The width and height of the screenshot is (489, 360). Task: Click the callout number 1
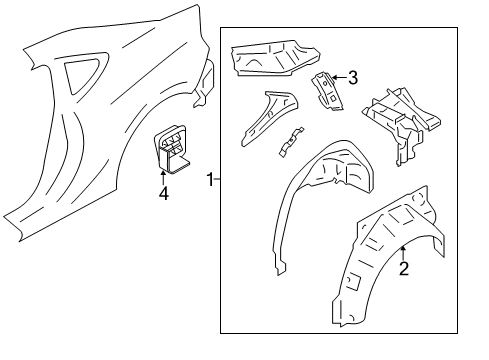click(210, 179)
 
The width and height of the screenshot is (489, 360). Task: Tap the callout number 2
click(403, 267)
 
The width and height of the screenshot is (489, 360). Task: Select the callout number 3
click(351, 76)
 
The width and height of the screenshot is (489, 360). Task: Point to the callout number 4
click(163, 192)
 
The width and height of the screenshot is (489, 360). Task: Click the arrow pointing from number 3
click(336, 76)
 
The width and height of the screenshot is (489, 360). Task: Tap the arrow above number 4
click(163, 174)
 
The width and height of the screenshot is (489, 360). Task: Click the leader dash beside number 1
click(218, 179)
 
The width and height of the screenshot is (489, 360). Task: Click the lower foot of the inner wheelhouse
click(280, 265)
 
